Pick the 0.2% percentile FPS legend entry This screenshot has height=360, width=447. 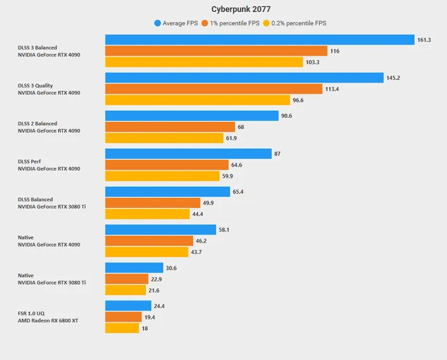298,23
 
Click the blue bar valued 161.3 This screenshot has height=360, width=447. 259,40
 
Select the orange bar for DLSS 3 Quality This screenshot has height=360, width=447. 214,89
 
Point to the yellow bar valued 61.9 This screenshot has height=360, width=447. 164,138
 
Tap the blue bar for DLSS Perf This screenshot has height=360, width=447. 188,154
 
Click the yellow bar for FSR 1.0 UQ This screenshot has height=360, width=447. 122,328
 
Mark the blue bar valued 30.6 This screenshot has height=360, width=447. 134,268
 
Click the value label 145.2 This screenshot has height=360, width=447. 395,78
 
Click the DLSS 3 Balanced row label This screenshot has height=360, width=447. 37,47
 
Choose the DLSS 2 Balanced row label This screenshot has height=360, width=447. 37,123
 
